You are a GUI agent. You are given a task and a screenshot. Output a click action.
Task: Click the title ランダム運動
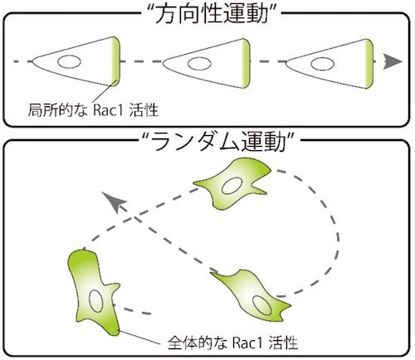coord(217,141)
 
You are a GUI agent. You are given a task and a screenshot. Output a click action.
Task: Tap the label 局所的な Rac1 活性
coord(93,109)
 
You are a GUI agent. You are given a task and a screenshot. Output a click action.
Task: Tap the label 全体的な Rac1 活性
coord(232,343)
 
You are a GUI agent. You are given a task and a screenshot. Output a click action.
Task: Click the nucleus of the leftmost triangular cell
coord(69,61)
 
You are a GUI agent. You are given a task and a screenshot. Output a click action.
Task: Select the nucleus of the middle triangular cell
coord(199,63)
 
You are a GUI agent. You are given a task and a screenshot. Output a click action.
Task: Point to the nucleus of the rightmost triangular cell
coord(322,64)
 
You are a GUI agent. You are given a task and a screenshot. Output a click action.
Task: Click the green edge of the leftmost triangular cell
coord(115,61)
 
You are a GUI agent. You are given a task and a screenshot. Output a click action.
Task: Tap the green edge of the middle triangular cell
coord(246,63)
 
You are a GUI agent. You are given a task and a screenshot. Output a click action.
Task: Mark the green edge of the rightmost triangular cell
coord(369,64)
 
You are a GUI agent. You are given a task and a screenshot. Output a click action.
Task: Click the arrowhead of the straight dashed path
coord(393,61)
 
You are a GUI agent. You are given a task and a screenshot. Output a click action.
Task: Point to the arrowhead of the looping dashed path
coord(114,202)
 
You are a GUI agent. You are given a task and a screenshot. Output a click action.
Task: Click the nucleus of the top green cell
coord(232,186)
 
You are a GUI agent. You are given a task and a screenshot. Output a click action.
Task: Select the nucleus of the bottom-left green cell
coord(95,301)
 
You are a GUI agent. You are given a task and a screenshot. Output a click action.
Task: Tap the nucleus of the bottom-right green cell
coord(262,305)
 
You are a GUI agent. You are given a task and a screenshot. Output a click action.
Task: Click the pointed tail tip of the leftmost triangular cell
coord(32,61)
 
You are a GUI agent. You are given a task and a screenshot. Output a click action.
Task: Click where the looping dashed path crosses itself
coord(134,218)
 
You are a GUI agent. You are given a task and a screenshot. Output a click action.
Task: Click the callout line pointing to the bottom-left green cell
coord(139,338)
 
